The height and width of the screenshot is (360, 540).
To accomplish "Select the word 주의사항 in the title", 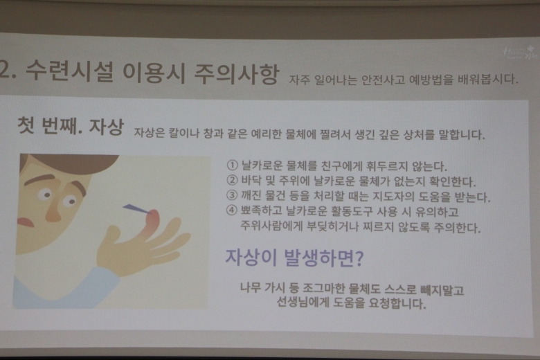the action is click(x=236, y=73).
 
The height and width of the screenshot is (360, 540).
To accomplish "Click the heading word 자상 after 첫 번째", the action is click(x=106, y=127).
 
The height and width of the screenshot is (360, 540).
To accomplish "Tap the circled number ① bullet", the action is click(x=233, y=165).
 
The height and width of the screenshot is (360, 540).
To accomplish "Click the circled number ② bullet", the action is click(x=233, y=180).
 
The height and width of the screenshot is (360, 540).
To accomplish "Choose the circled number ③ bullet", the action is click(x=232, y=195).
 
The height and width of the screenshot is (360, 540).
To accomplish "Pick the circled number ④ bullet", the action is click(x=232, y=210).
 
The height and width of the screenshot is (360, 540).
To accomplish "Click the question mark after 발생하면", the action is click(x=359, y=258).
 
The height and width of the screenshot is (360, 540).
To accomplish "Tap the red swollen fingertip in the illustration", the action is click(x=152, y=220).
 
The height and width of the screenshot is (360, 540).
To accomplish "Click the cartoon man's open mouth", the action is click(x=26, y=222).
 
